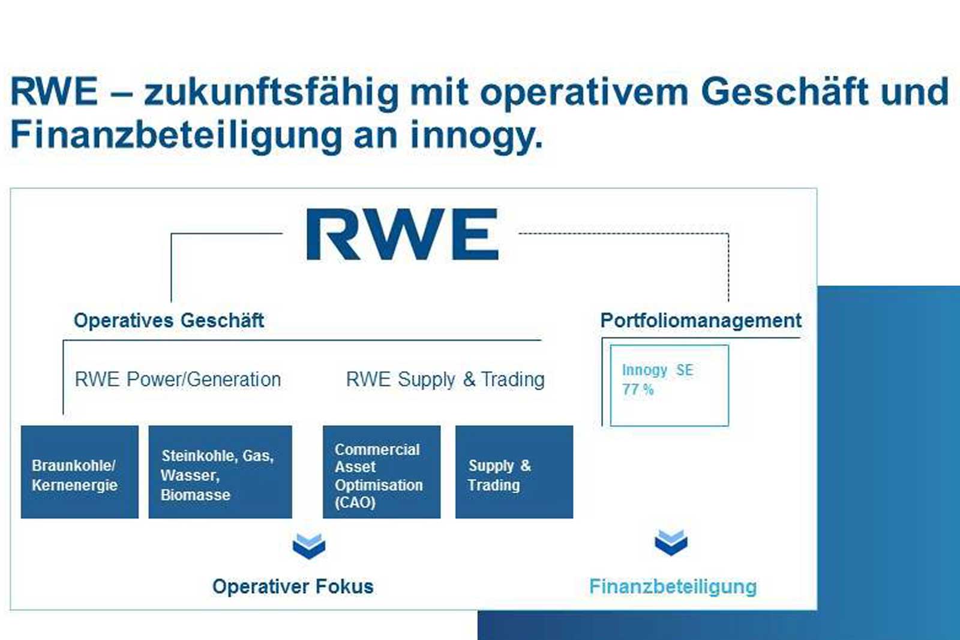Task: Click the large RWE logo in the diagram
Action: pos(403,234)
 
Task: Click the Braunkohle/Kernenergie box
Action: pos(80,472)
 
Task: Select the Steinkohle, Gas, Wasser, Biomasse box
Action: pos(220,472)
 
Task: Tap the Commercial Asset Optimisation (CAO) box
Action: pos(382,472)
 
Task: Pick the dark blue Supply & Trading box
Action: pos(514,472)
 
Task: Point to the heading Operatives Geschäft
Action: pos(169,321)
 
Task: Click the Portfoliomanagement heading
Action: pos(701,321)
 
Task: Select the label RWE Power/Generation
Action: pos(178,379)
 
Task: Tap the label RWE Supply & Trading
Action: pos(445,379)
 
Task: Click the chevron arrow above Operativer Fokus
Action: pos(308,546)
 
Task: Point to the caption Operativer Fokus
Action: pos(293,587)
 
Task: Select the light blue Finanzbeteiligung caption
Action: pos(673,587)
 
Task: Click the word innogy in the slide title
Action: pos(476,136)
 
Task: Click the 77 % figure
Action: pos(638,390)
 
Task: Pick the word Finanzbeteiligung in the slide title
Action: pos(176,136)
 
